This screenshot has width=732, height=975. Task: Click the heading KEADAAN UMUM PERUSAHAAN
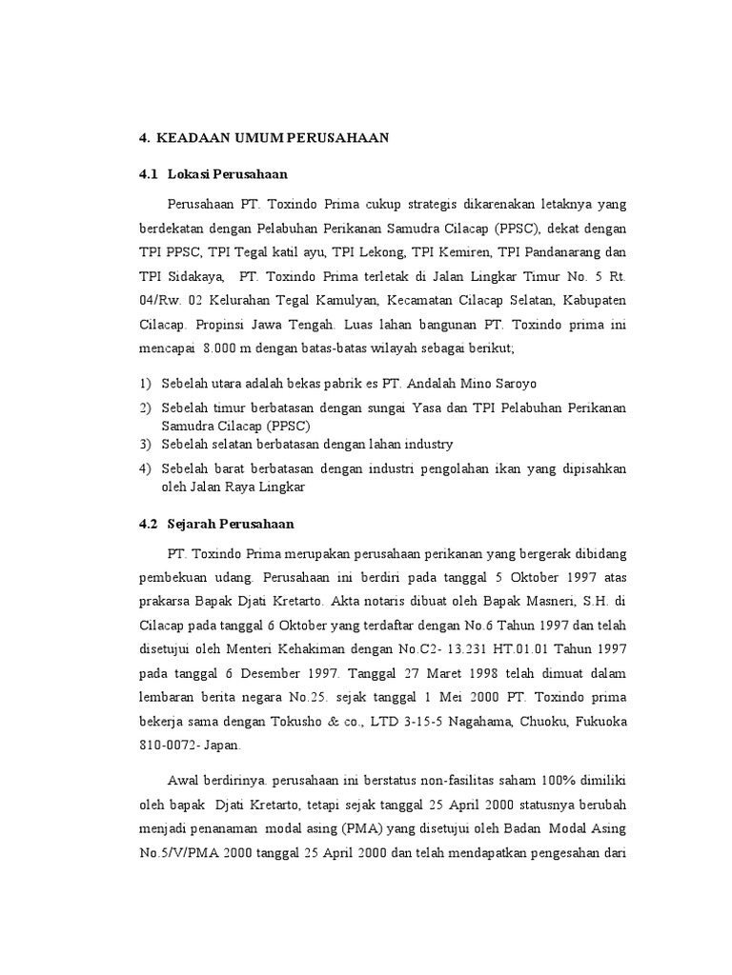click(x=273, y=138)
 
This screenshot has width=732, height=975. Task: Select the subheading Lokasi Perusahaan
click(x=227, y=175)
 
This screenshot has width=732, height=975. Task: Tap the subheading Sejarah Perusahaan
click(x=231, y=524)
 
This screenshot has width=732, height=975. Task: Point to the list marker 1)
click(x=145, y=384)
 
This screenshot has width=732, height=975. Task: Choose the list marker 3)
click(x=145, y=445)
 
